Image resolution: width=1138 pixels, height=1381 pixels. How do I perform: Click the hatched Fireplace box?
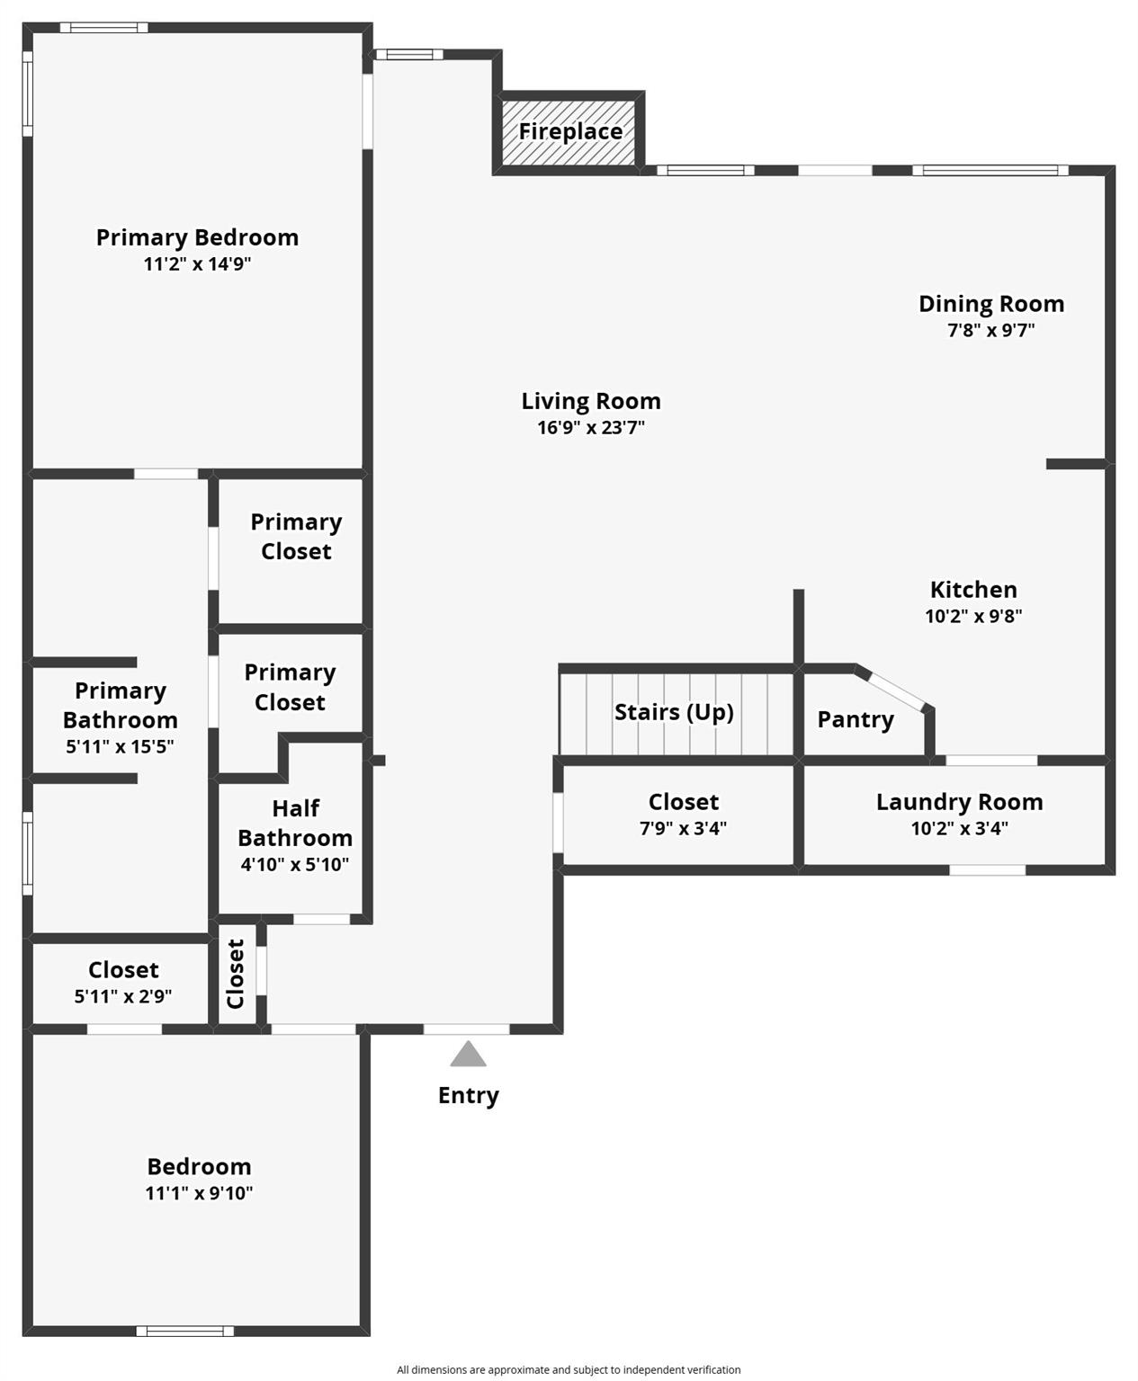[x=568, y=132]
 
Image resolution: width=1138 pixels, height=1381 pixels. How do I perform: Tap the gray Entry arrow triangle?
[x=468, y=1055]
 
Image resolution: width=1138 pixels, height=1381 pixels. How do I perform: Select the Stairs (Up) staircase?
[x=677, y=714]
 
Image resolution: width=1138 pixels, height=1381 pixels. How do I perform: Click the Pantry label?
[x=856, y=719]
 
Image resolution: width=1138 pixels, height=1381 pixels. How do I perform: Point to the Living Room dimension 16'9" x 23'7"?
[x=590, y=427]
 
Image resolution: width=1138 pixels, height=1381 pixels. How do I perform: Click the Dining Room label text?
[x=991, y=304]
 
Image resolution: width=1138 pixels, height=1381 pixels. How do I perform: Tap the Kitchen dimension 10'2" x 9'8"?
[x=973, y=616]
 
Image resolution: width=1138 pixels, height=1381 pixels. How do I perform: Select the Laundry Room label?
[x=959, y=802]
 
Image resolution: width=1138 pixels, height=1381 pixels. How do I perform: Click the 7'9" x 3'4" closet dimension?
[x=683, y=828]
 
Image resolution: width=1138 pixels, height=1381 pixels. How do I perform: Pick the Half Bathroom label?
[x=295, y=823]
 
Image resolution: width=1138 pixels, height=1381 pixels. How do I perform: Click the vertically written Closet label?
[x=236, y=974]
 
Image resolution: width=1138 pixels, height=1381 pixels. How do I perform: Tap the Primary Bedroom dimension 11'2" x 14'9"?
[x=197, y=264]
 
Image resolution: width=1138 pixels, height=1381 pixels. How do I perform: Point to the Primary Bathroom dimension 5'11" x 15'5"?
[x=120, y=746]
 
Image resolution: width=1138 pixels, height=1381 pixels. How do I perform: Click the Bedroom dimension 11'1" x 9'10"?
[x=199, y=1192]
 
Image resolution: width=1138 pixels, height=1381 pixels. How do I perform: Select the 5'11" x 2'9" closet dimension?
[x=123, y=996]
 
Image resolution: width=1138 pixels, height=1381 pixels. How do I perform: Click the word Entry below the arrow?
[x=468, y=1095]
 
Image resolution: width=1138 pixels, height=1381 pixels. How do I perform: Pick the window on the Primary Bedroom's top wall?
[x=104, y=27]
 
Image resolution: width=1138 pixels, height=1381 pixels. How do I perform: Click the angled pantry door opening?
[x=896, y=691]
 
